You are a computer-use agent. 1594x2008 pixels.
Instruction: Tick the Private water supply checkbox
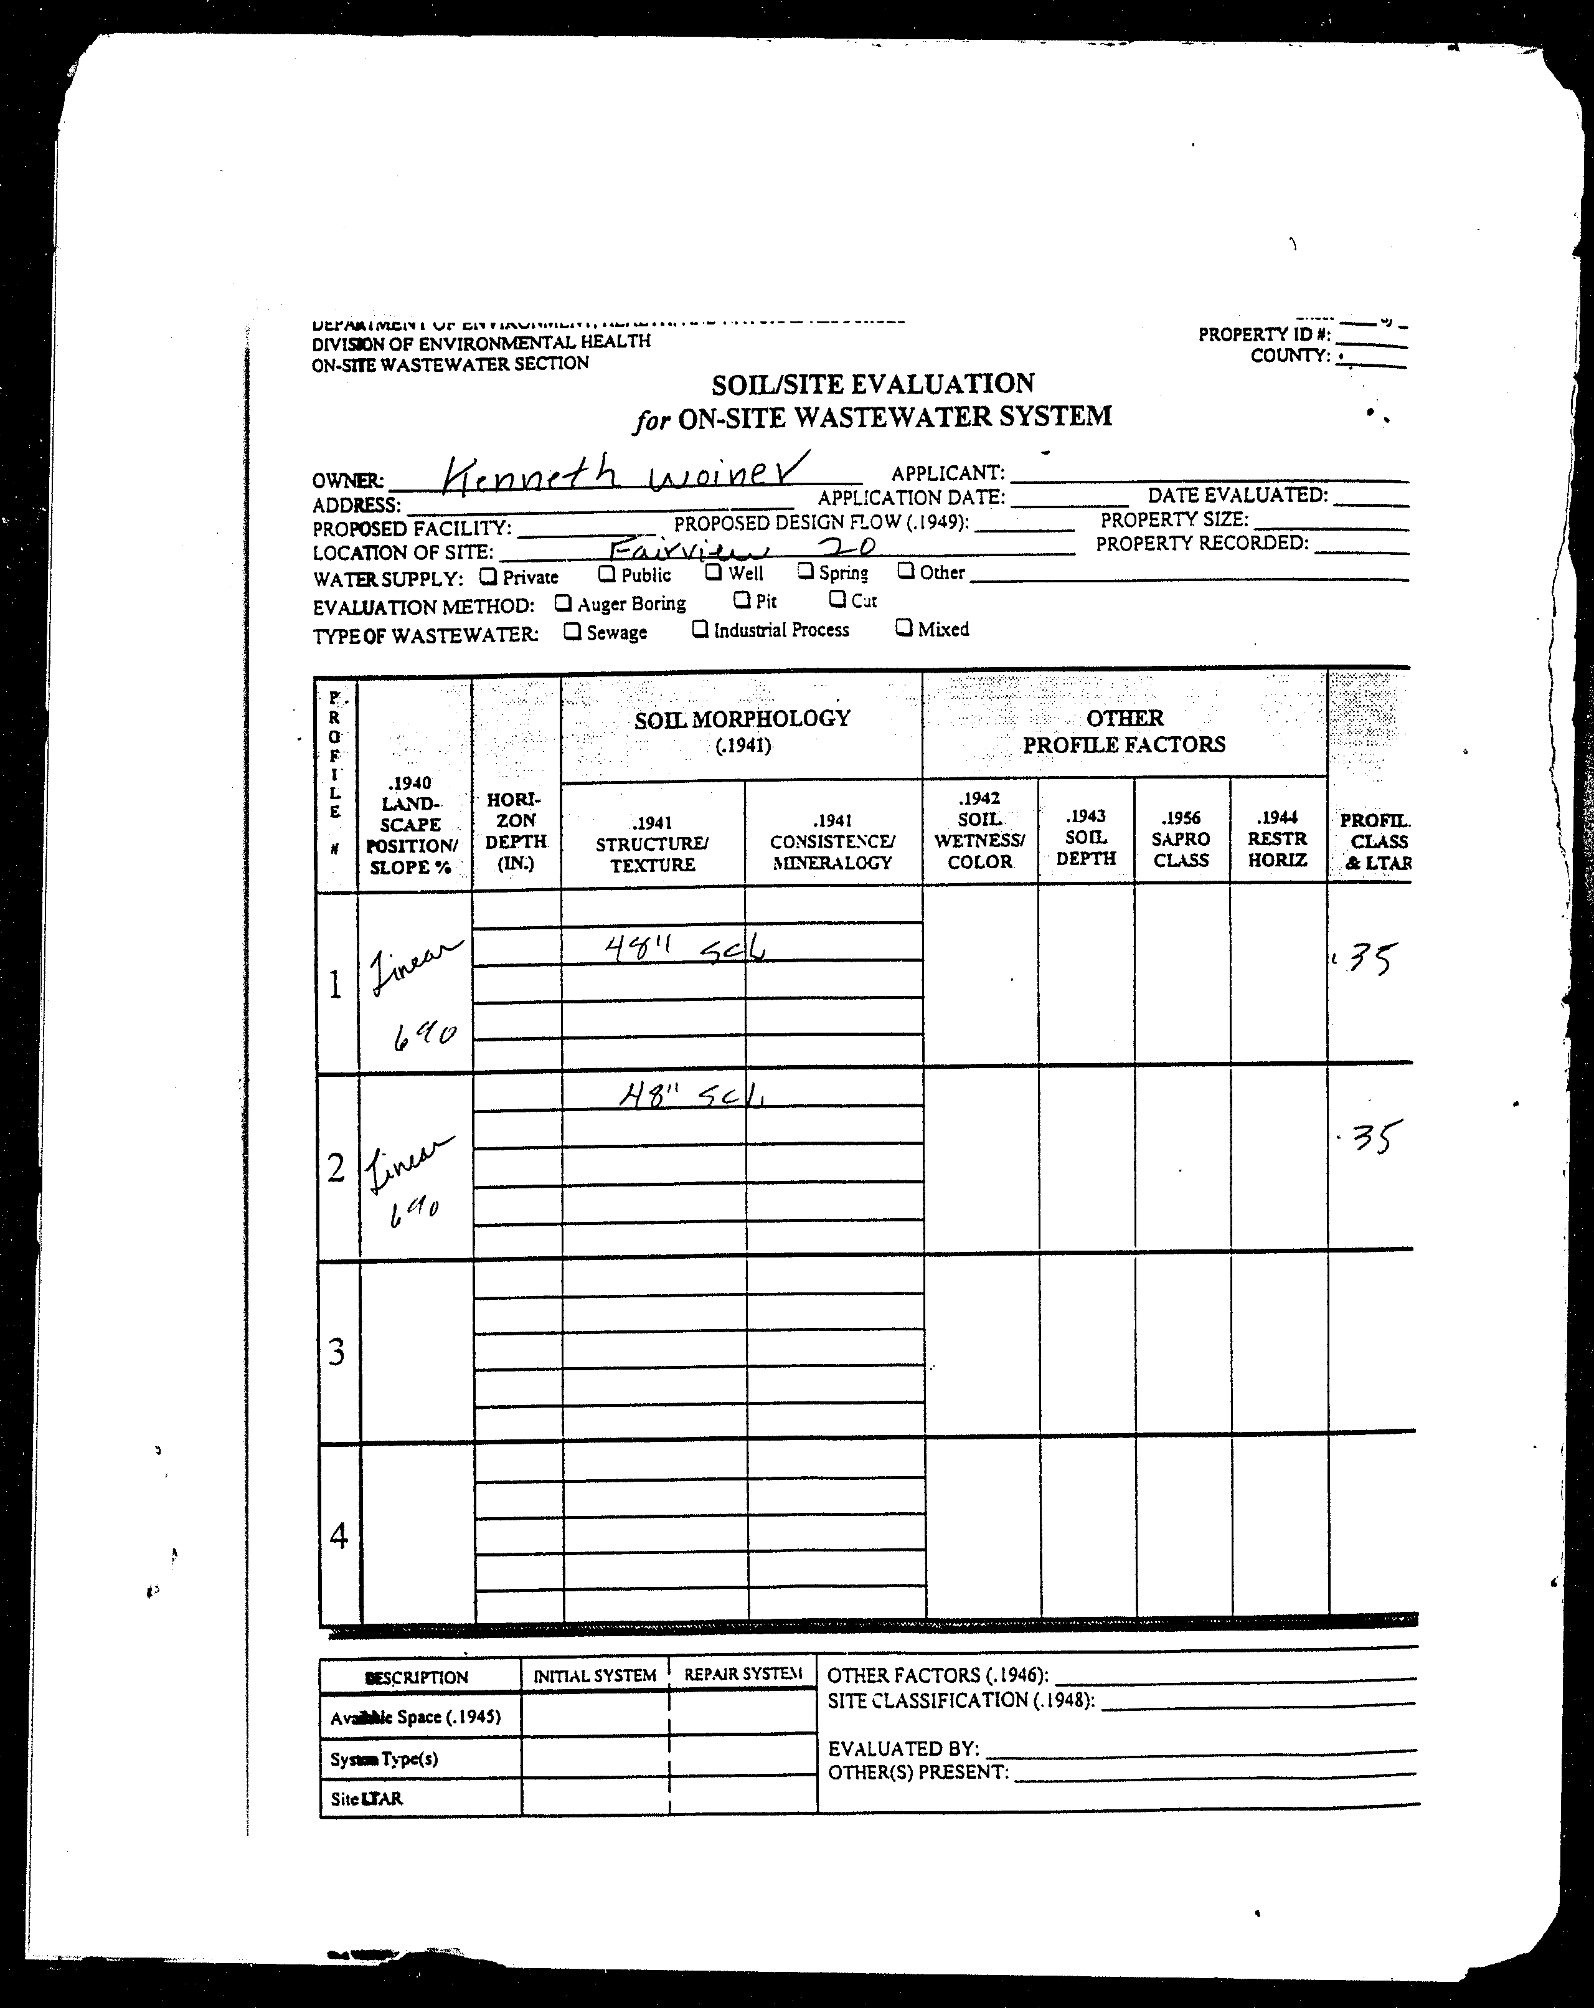(x=488, y=577)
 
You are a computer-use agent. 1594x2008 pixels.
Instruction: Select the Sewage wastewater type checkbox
(x=573, y=632)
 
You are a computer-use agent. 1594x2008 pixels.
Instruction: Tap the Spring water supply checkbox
(x=806, y=571)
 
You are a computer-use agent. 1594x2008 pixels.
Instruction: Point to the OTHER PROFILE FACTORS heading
(x=1124, y=731)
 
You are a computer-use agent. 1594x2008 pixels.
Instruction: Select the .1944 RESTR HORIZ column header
(x=1276, y=838)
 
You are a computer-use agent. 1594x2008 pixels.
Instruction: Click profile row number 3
(x=337, y=1352)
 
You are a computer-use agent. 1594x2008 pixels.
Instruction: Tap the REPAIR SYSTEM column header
(x=743, y=1674)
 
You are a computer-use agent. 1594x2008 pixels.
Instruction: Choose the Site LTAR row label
(x=367, y=1799)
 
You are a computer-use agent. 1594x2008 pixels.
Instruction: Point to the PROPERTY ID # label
(x=1263, y=334)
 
